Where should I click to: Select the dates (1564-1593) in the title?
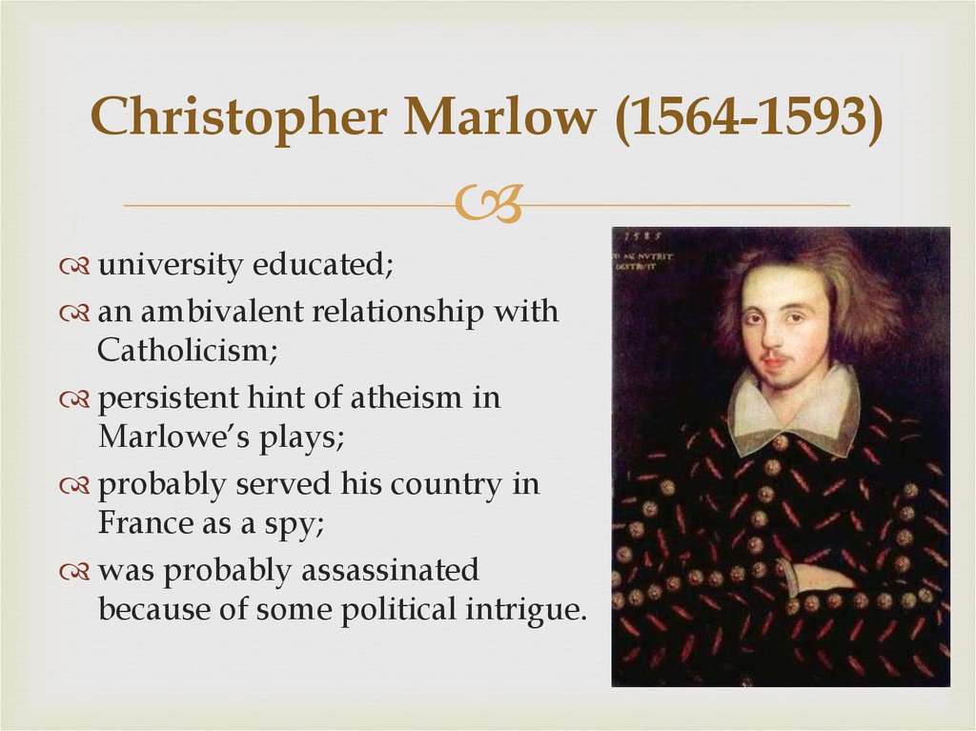[749, 118]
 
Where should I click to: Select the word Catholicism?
[187, 351]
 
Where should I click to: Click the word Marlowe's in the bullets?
[161, 437]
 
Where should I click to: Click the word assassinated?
[390, 570]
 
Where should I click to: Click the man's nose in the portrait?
[777, 334]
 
